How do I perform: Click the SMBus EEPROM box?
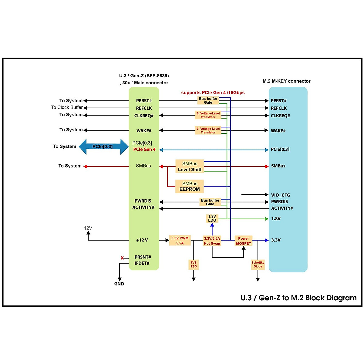point(190,187)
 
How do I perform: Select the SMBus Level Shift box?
point(190,167)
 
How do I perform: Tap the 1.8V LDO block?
point(212,218)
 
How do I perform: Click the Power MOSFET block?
point(243,241)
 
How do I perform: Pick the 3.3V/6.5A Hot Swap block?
point(212,241)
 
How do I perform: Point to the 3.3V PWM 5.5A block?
point(180,241)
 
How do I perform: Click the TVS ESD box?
point(194,265)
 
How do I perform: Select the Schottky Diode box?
point(258,265)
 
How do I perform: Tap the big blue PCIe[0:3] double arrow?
point(103,147)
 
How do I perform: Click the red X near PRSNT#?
point(122,258)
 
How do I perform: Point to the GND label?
point(119,284)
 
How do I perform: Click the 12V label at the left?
point(88,228)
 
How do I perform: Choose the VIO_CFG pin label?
point(280,195)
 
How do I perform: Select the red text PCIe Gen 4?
point(144,150)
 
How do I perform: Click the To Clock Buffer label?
point(67,107)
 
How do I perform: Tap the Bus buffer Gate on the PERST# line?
point(208,100)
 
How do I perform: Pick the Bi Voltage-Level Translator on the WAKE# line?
point(208,130)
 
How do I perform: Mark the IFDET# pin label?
point(142,263)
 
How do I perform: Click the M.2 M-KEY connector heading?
point(286,81)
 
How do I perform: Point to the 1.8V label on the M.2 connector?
point(276,219)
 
